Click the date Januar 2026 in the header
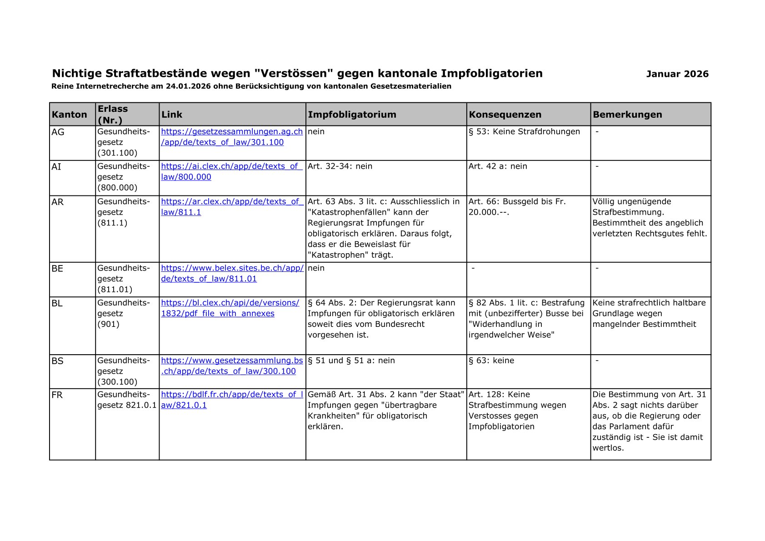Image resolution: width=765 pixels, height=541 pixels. (677, 74)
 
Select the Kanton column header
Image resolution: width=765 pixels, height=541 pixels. (69, 115)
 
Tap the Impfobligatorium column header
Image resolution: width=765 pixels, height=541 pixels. (352, 115)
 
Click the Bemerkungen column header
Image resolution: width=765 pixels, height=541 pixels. (627, 115)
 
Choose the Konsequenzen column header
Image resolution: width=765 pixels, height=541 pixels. (505, 115)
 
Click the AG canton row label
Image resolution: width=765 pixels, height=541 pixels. (58, 132)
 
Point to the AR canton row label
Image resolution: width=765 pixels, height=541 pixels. (58, 202)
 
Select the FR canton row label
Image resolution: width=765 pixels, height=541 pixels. (57, 395)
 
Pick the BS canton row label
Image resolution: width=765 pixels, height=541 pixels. (58, 361)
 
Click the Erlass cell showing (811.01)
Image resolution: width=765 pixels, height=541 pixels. (115, 290)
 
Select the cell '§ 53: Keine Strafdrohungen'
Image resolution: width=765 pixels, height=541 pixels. (524, 132)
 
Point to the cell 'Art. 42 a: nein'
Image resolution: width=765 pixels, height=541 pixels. (498, 166)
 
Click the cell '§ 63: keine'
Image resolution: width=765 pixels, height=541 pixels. (491, 361)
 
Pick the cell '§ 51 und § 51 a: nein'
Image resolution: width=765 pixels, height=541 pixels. (351, 361)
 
